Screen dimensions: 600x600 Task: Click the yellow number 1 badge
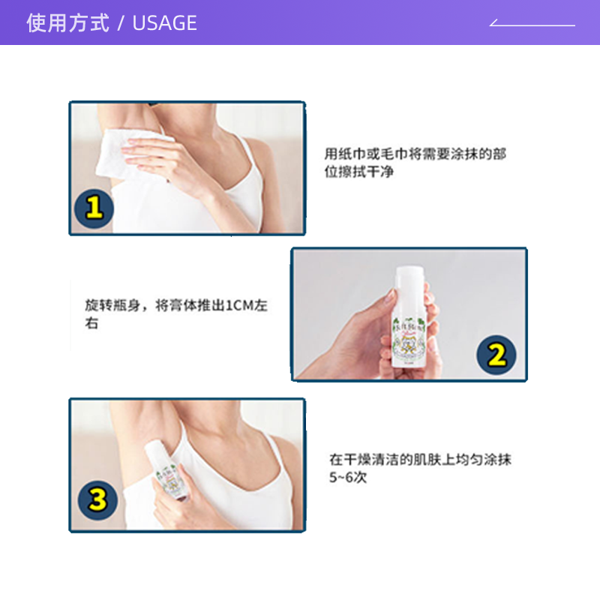[93, 208]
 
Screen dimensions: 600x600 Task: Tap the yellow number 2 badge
[496, 355]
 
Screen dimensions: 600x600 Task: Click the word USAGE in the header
[164, 23]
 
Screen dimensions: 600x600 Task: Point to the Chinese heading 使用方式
[68, 23]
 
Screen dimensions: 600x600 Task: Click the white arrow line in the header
[532, 24]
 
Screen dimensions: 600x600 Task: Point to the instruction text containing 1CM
[175, 314]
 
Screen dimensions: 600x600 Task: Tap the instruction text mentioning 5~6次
[420, 468]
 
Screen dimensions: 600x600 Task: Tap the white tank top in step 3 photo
[225, 491]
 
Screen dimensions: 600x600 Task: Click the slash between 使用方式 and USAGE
[120, 23]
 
